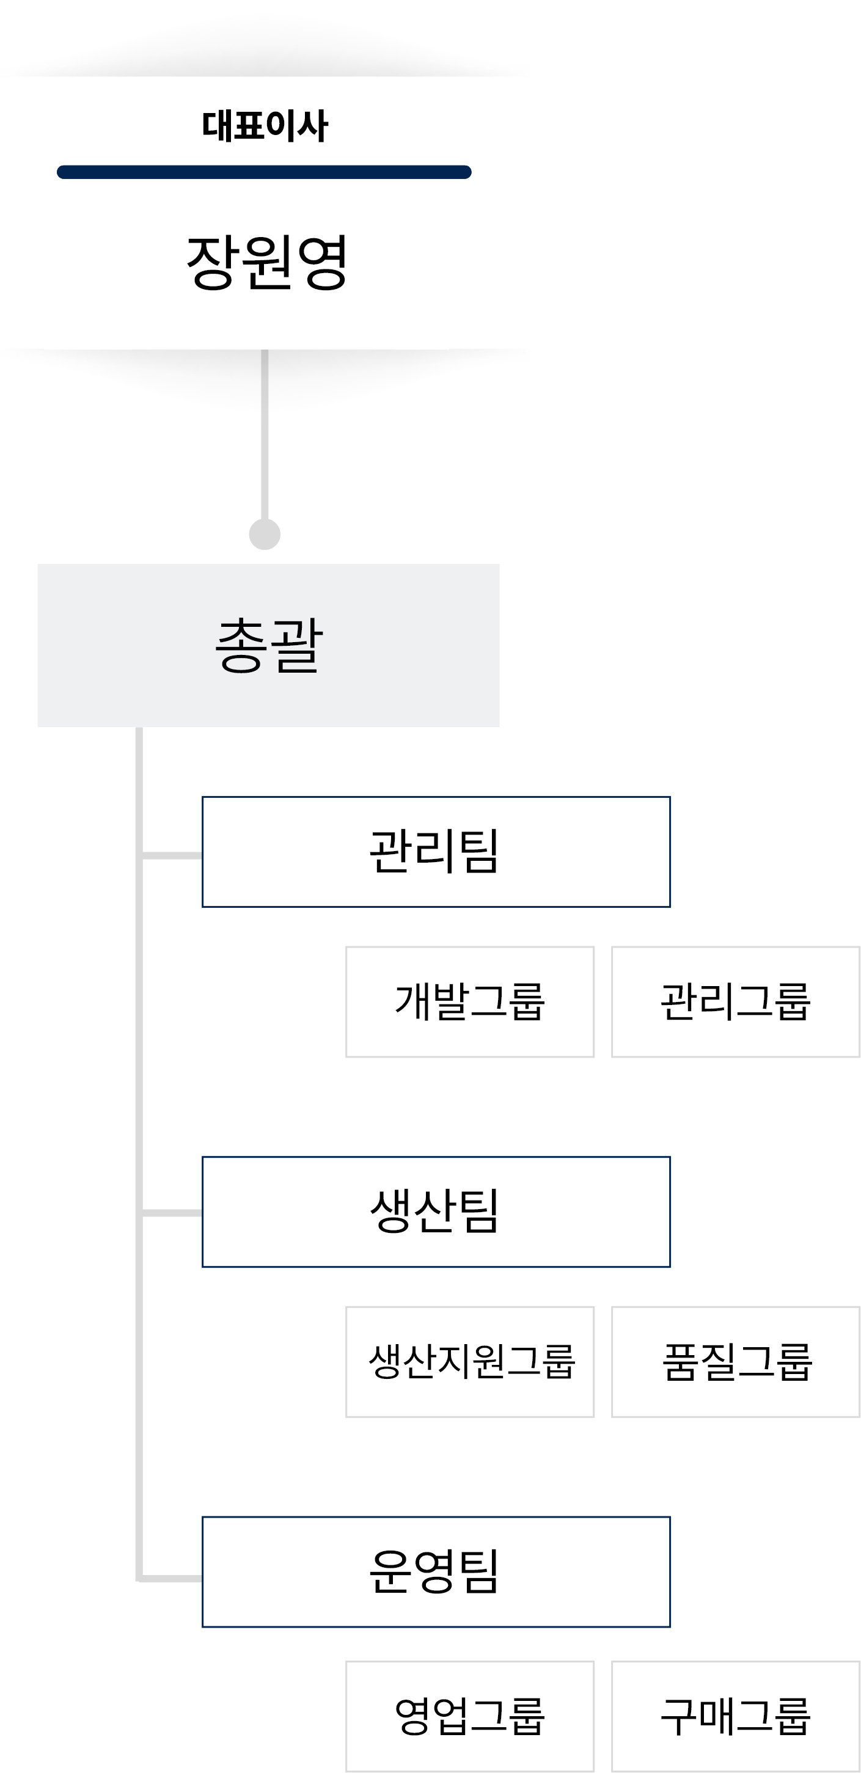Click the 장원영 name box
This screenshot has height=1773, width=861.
[246, 268]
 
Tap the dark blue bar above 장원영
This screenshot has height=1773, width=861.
[263, 172]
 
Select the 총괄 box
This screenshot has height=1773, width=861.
[268, 645]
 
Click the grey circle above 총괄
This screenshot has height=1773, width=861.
[264, 534]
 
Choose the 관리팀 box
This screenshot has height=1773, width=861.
[436, 852]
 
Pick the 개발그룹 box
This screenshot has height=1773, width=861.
[469, 1001]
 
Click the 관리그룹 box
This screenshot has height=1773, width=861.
[735, 1001]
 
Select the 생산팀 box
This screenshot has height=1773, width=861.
[436, 1212]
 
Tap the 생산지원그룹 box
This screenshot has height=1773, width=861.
[469, 1361]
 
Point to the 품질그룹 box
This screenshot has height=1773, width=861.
[735, 1361]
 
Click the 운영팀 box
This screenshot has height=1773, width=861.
[436, 1571]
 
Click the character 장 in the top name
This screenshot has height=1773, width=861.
[212, 262]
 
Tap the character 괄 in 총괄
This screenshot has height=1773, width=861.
[296, 645]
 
